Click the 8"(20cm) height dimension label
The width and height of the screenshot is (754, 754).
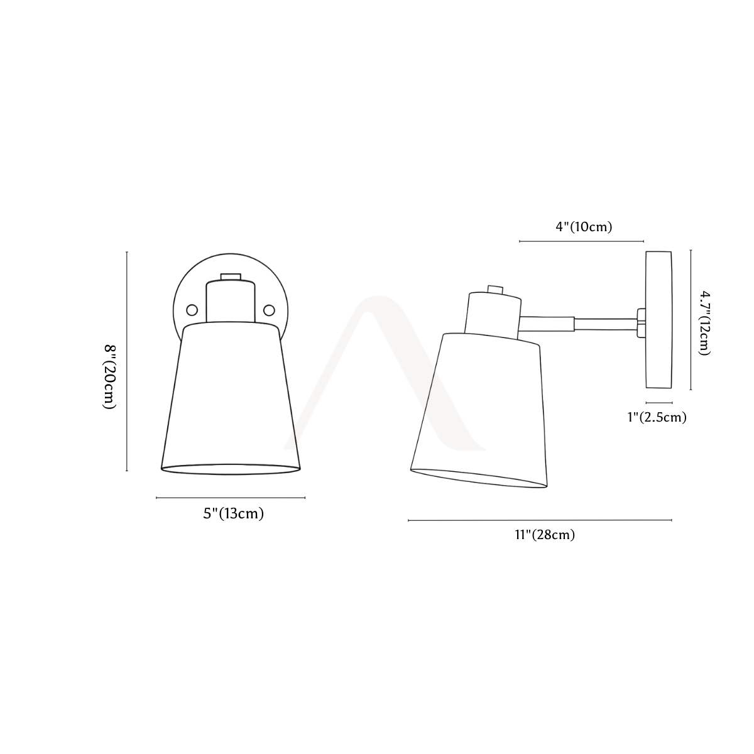pos(109,377)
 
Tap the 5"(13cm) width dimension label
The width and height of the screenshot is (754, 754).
pos(233,514)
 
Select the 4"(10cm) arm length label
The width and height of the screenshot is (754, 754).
pos(584,227)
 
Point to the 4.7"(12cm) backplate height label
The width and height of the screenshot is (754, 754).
pos(705,323)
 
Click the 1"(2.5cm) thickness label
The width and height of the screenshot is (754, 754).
pos(657,417)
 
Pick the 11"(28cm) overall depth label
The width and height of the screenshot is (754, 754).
pos(545,535)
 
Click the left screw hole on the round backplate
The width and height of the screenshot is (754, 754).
pos(192,310)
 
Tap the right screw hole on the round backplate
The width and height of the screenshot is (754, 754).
pos(269,310)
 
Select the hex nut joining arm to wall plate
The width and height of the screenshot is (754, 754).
pos(641,323)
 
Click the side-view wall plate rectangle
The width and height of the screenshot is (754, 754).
pos(659,320)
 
